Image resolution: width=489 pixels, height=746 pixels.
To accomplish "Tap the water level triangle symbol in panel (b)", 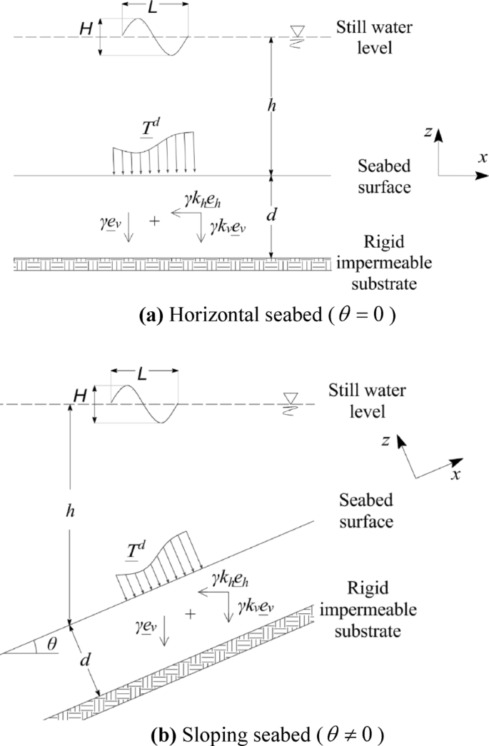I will click(291, 398).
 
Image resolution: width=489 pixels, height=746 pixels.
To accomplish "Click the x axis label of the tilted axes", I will click(454, 473).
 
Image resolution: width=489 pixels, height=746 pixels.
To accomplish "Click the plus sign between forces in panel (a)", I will click(154, 221).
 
